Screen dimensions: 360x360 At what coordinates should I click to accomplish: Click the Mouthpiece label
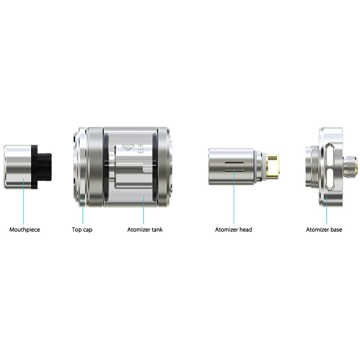coord(25,229)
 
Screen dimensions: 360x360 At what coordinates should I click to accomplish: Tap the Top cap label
coord(82,229)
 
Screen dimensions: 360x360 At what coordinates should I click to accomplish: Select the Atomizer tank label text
coord(145,229)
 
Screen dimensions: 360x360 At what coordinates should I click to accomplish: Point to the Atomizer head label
coord(234,229)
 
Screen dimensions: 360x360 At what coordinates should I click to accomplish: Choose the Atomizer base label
coord(324,229)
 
